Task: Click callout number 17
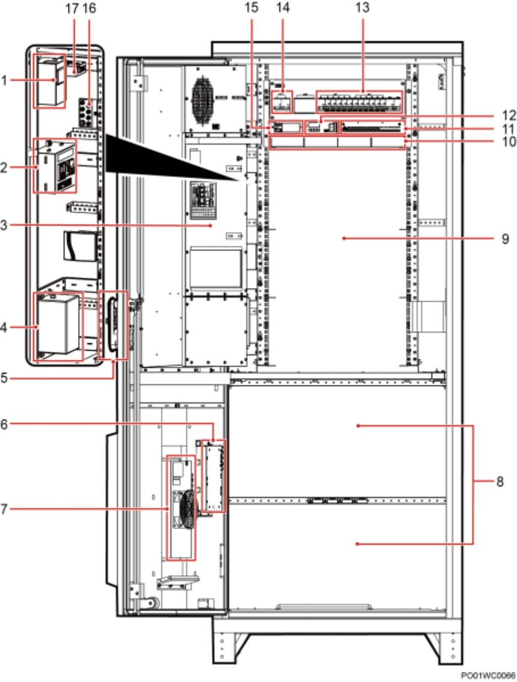pyautogui.click(x=72, y=8)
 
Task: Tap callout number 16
pyautogui.click(x=89, y=8)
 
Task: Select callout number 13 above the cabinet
pyautogui.click(x=363, y=7)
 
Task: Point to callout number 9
pyautogui.click(x=505, y=238)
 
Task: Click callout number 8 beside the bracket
pyautogui.click(x=500, y=482)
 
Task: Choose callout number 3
pyautogui.click(x=4, y=226)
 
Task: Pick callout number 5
pyautogui.click(x=4, y=378)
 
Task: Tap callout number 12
pyautogui.click(x=509, y=115)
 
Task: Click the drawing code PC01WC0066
pyautogui.click(x=488, y=675)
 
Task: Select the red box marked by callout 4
pyautogui.click(x=58, y=327)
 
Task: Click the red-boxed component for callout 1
pyautogui.click(x=49, y=81)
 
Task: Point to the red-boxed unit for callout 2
pyautogui.click(x=55, y=166)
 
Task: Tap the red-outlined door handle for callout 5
pyautogui.click(x=114, y=325)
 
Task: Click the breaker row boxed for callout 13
pyautogui.click(x=359, y=102)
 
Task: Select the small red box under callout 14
pyautogui.click(x=281, y=102)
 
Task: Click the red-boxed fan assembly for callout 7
pyautogui.click(x=182, y=508)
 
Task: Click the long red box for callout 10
pyautogui.click(x=337, y=142)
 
